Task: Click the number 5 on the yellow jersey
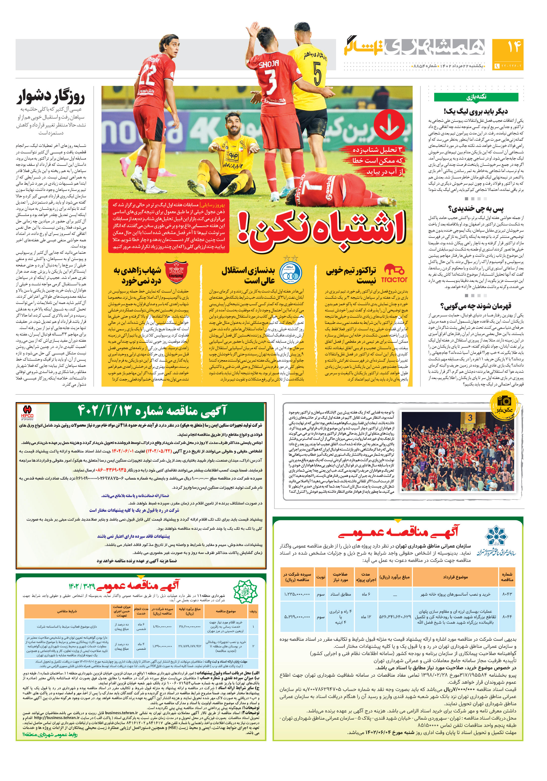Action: (x=317, y=73)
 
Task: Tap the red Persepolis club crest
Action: (x=176, y=272)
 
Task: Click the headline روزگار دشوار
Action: (x=51, y=97)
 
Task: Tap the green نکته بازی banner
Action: (x=476, y=97)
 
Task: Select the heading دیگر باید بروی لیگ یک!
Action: (x=476, y=111)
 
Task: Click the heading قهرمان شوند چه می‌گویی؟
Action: (x=476, y=305)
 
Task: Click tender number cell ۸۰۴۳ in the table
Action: (x=507, y=594)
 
